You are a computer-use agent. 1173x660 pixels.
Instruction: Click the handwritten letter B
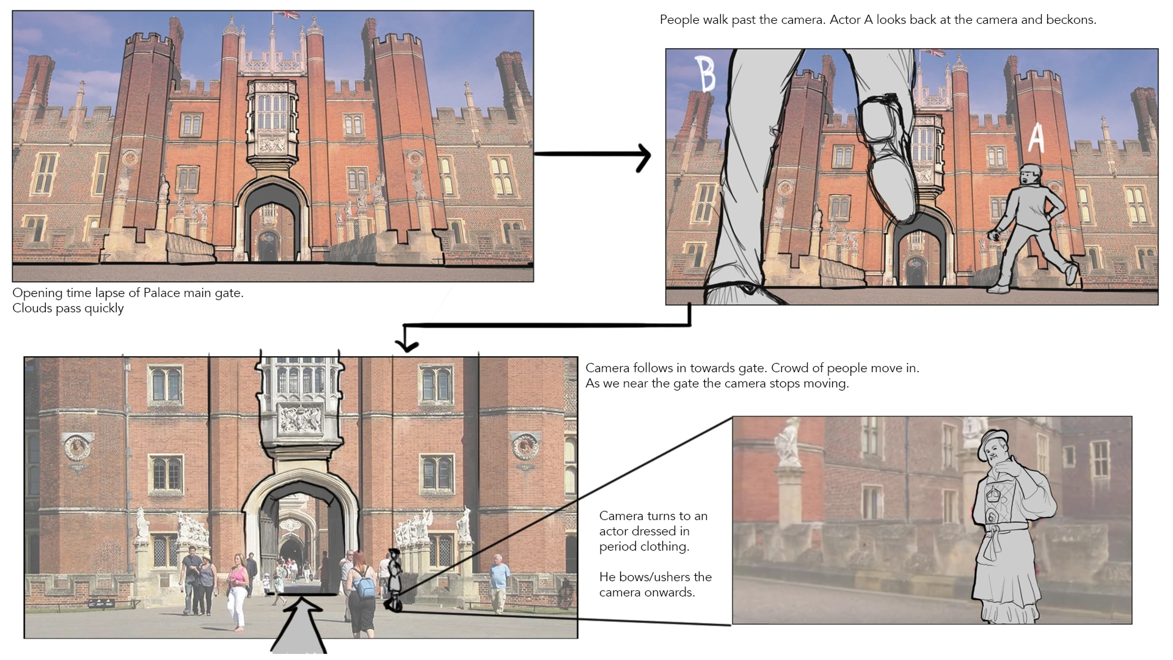[x=706, y=74]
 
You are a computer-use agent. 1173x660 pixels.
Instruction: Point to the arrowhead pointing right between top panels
[x=643, y=156]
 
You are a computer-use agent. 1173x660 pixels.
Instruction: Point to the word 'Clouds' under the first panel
[x=32, y=308]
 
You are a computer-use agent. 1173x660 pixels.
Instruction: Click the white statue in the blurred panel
[x=787, y=443]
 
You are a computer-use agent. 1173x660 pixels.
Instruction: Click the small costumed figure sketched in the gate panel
[x=395, y=577]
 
